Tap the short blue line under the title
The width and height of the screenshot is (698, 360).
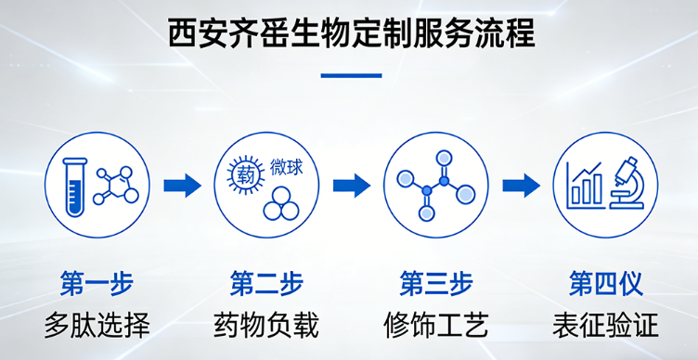pos(350,74)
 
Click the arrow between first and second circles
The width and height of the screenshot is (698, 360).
pos(182,186)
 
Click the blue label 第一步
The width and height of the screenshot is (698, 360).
pos(96,283)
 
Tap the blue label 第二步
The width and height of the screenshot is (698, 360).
pos(265,283)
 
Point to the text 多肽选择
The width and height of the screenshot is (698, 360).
pos(96,325)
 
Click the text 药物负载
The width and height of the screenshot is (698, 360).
pos(265,325)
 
